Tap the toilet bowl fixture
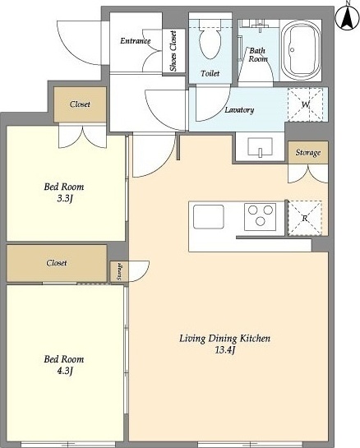coord(210,43)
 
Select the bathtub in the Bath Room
coord(301,50)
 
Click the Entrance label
coord(135,41)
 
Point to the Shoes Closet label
coord(173,51)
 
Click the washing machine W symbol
coord(306,104)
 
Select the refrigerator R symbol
coord(305,219)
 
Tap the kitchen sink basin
coord(208,217)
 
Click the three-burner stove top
coord(260,217)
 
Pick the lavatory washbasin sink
coord(260,147)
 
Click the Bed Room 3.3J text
coord(64,192)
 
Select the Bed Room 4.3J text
coord(64,365)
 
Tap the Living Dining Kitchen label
coord(225,339)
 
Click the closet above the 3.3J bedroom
coord(80,104)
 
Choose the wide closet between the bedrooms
coord(57,263)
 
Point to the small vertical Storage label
coord(119,271)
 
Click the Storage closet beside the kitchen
coord(307,152)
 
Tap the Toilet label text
coord(210,73)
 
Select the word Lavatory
coord(239,110)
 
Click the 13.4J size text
coord(225,350)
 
